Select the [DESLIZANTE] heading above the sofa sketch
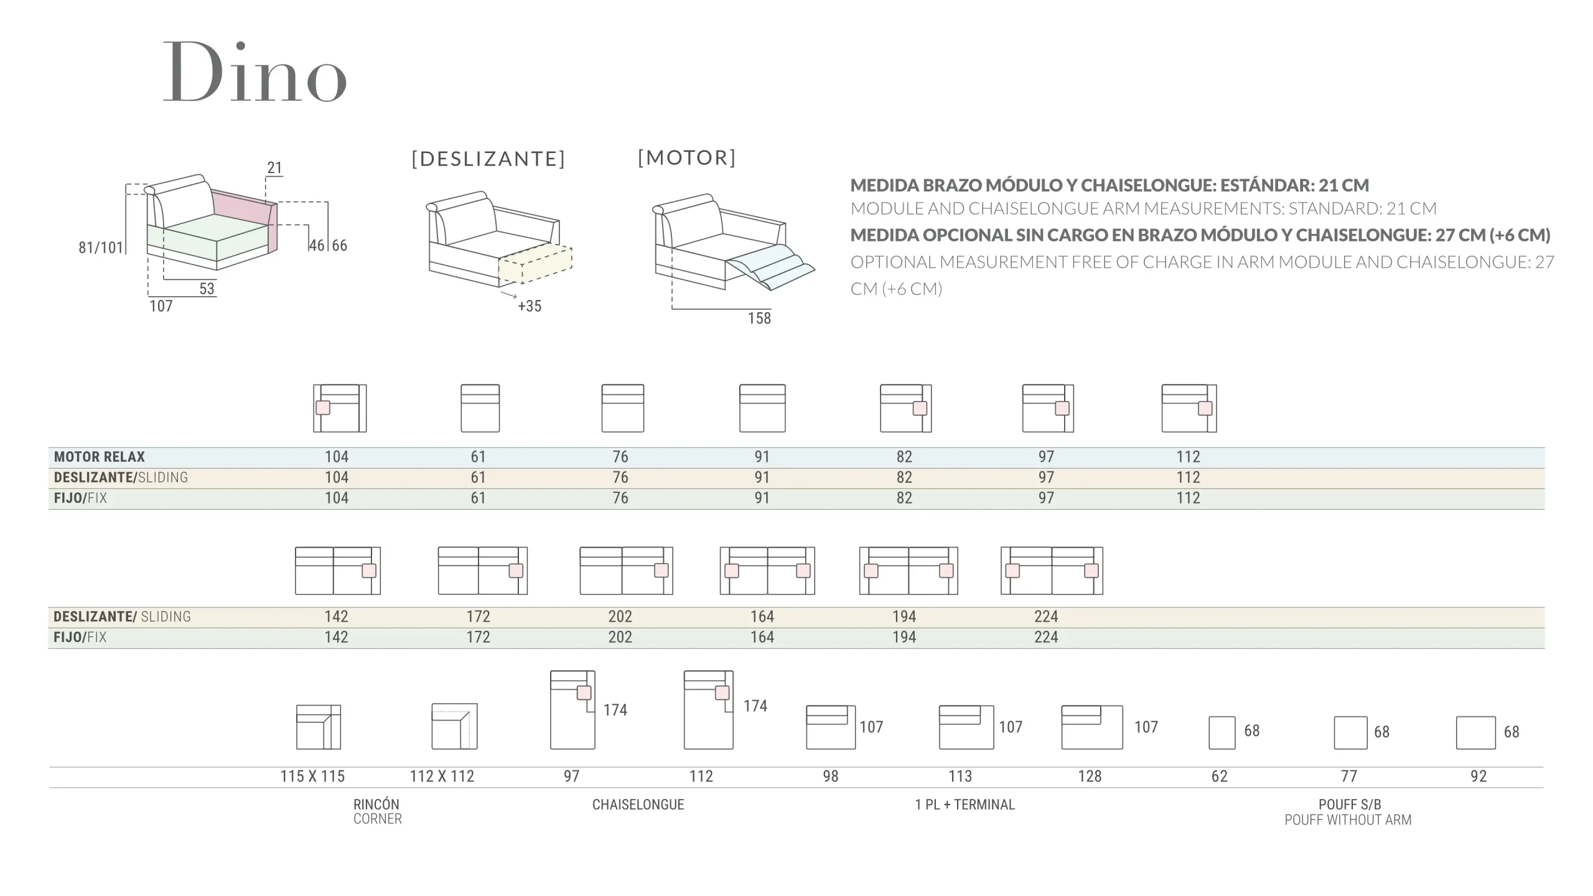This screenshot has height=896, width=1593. [488, 159]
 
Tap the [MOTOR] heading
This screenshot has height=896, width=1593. [687, 158]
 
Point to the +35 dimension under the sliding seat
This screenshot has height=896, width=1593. [530, 306]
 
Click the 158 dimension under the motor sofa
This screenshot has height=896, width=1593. [759, 319]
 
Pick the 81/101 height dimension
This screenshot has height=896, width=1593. [101, 248]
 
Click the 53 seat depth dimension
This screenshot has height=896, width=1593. [207, 289]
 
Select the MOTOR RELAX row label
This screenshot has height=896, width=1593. [100, 457]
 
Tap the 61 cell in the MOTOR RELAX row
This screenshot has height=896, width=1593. [478, 457]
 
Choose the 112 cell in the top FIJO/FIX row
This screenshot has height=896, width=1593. [1188, 498]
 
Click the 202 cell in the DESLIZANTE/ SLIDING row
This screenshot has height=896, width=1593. [620, 617]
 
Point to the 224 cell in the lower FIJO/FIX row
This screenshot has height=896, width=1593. [1046, 637]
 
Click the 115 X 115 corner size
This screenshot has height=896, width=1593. [312, 777]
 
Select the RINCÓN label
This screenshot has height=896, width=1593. [376, 804]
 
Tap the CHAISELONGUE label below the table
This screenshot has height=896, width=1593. [638, 805]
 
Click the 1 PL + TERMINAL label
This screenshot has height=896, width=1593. [965, 805]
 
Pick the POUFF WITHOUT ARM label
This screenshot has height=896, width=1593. [1348, 820]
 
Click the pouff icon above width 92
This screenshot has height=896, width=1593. [1475, 732]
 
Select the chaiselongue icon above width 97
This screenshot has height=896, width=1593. [572, 710]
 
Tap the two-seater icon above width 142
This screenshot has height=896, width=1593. [337, 571]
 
